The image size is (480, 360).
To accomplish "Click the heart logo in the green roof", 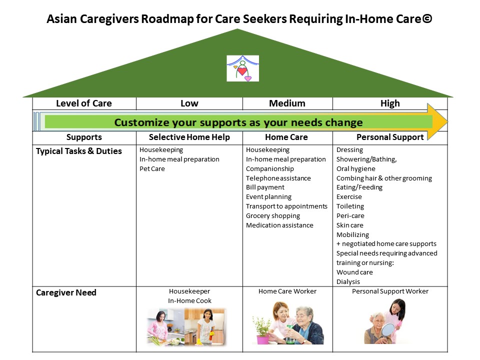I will click(242, 68).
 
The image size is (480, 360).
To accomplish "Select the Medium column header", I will click(287, 103).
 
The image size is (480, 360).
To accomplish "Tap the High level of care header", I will click(390, 103).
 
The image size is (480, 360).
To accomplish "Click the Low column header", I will click(189, 103).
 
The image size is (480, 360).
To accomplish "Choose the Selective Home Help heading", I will click(189, 137).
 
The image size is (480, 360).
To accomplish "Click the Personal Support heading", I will click(390, 137).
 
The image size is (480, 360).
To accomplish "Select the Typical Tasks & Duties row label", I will click(79, 151).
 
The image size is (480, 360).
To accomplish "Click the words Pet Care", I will click(152, 169).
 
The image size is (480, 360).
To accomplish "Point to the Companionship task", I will click(270, 169).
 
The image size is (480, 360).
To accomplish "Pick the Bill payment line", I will click(265, 187).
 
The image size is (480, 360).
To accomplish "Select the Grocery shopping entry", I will click(273, 216).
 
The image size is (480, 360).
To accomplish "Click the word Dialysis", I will click(348, 281).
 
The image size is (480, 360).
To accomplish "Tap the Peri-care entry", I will click(350, 216).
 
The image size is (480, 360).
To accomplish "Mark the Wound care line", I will click(354, 272).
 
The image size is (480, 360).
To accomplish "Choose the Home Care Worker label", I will click(287, 291).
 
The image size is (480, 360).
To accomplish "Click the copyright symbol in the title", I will click(427, 18).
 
